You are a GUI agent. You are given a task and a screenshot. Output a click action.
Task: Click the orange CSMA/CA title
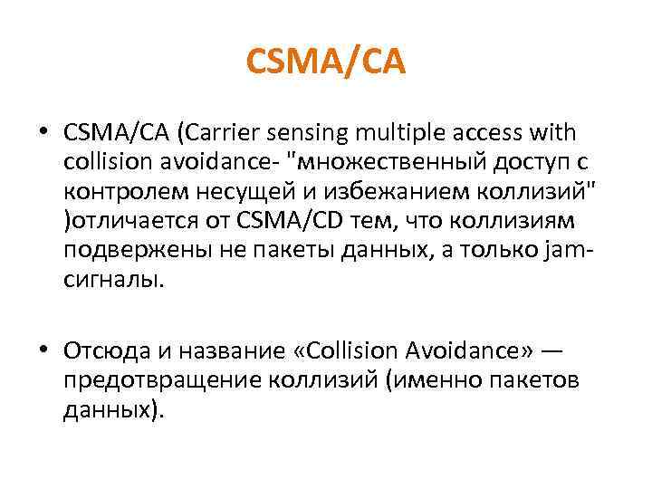(x=326, y=62)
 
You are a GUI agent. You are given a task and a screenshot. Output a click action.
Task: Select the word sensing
(x=307, y=134)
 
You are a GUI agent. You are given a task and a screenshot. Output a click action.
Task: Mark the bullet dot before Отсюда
(x=44, y=349)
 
